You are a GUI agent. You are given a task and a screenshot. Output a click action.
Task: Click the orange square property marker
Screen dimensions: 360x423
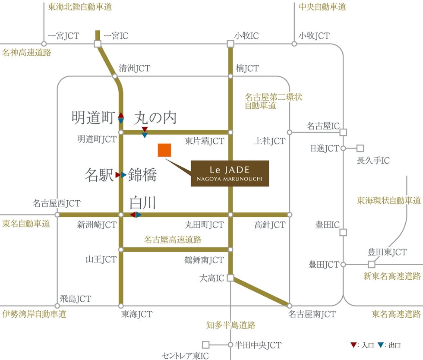pos(164,150)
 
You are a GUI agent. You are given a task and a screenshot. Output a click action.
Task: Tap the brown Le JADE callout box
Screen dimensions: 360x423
pos(230,174)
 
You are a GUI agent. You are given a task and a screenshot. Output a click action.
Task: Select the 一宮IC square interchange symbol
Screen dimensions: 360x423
pos(98,44)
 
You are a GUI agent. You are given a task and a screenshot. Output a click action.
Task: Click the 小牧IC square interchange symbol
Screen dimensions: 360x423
pos(230,44)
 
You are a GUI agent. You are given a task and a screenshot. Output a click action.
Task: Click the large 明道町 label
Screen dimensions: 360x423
pos(93,117)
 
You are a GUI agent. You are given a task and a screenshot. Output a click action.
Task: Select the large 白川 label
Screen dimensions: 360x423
pos(142,202)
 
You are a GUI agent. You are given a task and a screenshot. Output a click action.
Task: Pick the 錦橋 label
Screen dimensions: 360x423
pos(142,175)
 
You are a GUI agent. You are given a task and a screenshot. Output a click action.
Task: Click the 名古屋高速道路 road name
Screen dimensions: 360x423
pos(173,239)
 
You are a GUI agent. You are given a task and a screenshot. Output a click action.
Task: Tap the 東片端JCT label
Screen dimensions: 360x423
pos(205,141)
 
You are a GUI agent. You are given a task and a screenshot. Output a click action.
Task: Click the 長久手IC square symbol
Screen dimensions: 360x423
pos(360,148)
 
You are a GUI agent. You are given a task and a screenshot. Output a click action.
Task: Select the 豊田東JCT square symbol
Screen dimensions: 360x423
pos(372,264)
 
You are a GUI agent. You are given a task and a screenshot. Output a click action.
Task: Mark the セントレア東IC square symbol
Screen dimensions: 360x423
pos(206,345)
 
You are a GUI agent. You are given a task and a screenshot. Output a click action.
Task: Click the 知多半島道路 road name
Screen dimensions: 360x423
pos(230,325)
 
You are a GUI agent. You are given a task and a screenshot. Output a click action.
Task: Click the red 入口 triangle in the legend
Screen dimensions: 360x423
pos(354,345)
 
